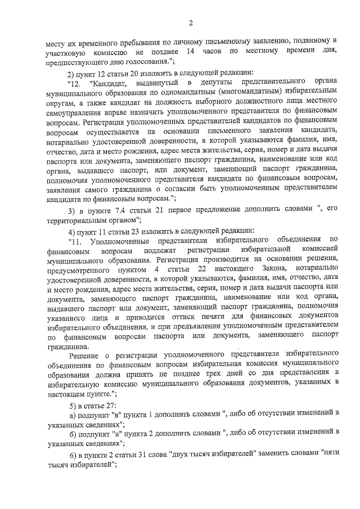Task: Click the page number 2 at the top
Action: [191, 23]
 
